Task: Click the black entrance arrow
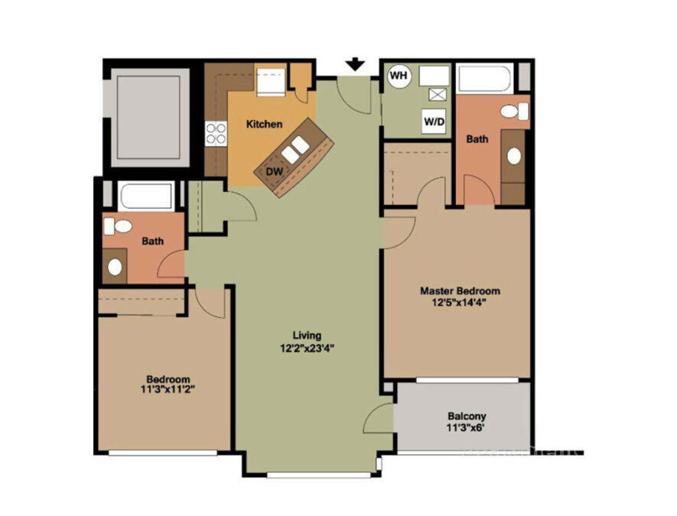click(x=356, y=64)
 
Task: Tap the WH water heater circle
click(x=399, y=76)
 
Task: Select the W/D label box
click(x=434, y=122)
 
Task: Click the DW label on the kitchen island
click(x=274, y=171)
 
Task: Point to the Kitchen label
click(x=264, y=125)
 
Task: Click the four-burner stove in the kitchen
click(x=216, y=133)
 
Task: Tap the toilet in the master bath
click(x=515, y=112)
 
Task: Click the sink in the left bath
click(x=115, y=267)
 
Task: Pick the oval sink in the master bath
click(x=514, y=156)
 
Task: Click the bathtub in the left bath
click(x=146, y=196)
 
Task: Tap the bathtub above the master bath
click(x=485, y=78)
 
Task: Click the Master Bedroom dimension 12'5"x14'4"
click(x=460, y=303)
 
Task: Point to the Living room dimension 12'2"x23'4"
click(x=307, y=348)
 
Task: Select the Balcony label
click(x=467, y=417)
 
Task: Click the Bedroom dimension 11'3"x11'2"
click(x=168, y=390)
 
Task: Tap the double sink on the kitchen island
click(x=295, y=150)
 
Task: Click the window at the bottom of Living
click(x=319, y=475)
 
